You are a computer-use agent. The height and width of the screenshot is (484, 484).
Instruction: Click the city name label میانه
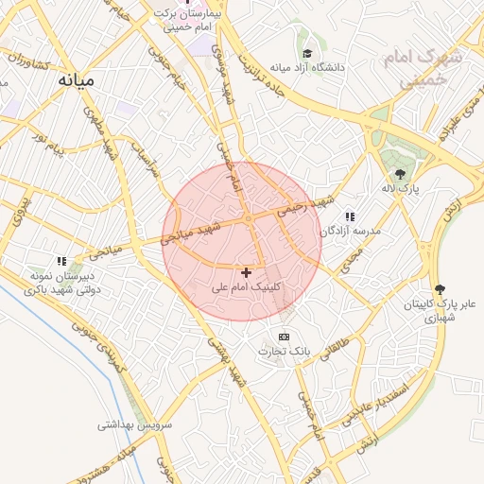(x=76, y=79)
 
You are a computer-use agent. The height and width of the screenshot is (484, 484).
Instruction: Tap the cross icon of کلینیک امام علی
(x=247, y=272)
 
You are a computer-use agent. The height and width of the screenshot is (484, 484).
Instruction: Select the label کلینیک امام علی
(x=248, y=285)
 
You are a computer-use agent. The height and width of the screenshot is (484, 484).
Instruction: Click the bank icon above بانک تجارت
(x=284, y=337)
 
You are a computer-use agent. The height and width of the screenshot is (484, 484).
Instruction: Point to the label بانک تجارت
(x=286, y=352)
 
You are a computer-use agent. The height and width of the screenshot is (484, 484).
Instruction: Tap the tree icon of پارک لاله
(x=401, y=174)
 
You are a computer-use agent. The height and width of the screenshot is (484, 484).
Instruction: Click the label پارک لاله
(x=401, y=188)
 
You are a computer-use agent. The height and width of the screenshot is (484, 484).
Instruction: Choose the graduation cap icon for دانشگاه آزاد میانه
(x=306, y=54)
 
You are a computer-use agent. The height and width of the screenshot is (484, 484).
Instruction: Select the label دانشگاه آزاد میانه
(x=307, y=68)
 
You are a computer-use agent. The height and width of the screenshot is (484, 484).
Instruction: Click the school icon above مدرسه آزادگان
(x=350, y=216)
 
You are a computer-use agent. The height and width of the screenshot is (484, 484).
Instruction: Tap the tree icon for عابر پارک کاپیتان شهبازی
(x=439, y=289)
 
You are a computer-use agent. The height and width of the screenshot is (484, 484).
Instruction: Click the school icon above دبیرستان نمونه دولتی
(x=61, y=261)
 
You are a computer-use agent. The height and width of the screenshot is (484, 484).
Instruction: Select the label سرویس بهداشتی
(x=132, y=424)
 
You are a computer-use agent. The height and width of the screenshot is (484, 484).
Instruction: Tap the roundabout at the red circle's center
(x=248, y=220)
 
